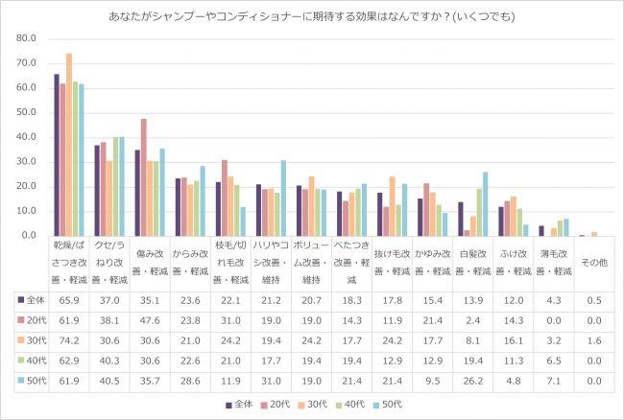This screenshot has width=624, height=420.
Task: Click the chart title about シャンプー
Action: (x=311, y=16)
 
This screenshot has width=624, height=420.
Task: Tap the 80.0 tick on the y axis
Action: (x=27, y=39)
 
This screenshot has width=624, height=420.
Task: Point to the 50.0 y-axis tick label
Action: (x=27, y=112)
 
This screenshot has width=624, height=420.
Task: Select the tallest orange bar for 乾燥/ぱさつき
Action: (x=69, y=144)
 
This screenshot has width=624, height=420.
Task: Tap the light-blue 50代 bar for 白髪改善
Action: (x=486, y=203)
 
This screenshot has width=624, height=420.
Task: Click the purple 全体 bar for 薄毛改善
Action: (x=541, y=231)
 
